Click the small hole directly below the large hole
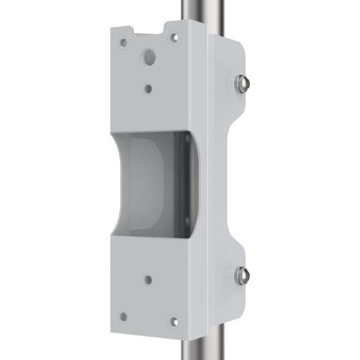pyautogui.click(x=148, y=89)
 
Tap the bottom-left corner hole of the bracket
pyautogui.click(x=122, y=314)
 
